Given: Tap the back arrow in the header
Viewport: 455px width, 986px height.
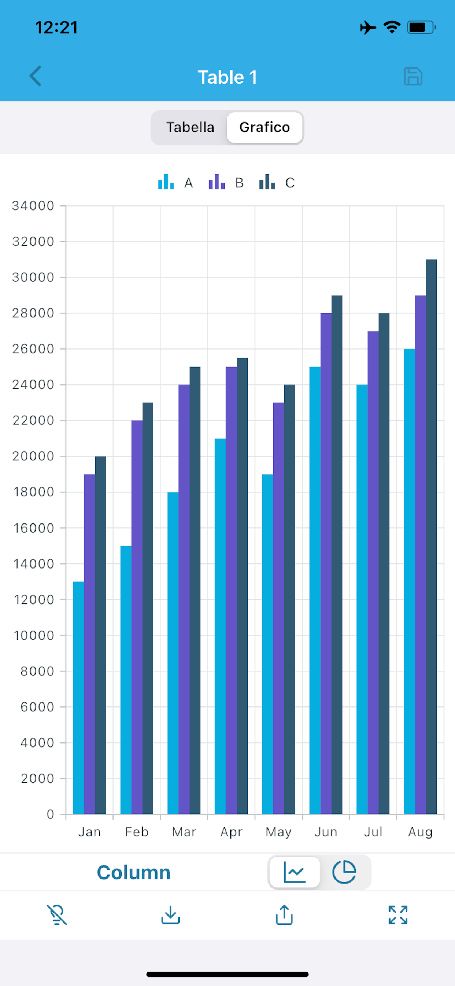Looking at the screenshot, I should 36,76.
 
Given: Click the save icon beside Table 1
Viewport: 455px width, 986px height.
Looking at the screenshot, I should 413,77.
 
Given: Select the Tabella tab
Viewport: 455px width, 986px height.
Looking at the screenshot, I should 190,127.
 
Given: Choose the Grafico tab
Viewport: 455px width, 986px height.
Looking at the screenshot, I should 265,127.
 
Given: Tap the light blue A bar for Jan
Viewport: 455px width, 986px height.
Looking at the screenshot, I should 78,697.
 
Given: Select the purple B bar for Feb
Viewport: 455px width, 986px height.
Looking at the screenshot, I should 137,616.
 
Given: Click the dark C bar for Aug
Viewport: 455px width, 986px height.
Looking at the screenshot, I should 431,536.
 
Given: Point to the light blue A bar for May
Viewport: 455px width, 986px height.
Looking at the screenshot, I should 267,643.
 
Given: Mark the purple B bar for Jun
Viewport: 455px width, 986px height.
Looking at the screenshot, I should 326,563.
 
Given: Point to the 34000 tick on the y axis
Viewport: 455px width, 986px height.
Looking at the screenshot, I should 33,206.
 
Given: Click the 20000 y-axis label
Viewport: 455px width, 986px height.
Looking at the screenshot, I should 33,456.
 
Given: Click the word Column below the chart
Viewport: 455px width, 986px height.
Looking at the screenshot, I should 133,873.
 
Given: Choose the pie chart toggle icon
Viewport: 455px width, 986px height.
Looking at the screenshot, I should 344,872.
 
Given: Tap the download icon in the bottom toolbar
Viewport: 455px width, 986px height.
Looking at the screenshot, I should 170,915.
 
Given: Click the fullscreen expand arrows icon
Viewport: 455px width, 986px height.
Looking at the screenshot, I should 398,915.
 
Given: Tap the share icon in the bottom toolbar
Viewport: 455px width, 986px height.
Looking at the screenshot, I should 284,915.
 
